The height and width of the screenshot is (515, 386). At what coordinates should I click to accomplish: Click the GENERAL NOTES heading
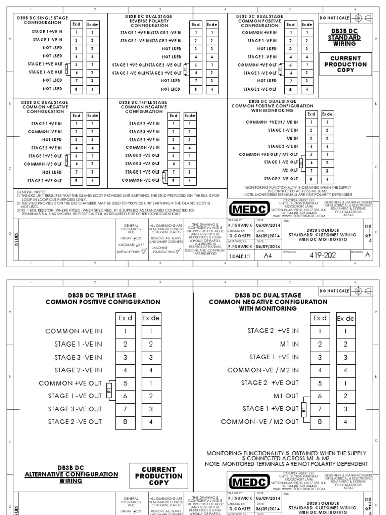tap(32, 192)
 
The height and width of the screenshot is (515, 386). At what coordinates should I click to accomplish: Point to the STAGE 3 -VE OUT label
tap(74, 409)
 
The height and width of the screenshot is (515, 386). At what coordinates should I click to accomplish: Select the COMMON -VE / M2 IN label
tap(263, 370)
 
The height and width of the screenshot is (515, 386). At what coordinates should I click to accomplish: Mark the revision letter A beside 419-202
tap(367, 255)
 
